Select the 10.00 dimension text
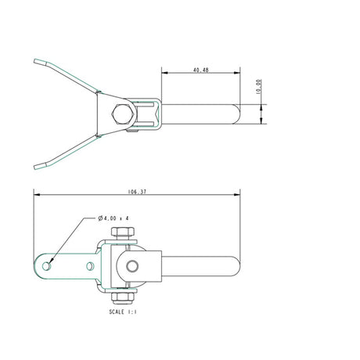coord(259,87)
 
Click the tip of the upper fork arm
coord(36,59)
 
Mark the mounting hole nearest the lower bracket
coord(88,265)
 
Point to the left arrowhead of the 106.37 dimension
coord(37,193)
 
